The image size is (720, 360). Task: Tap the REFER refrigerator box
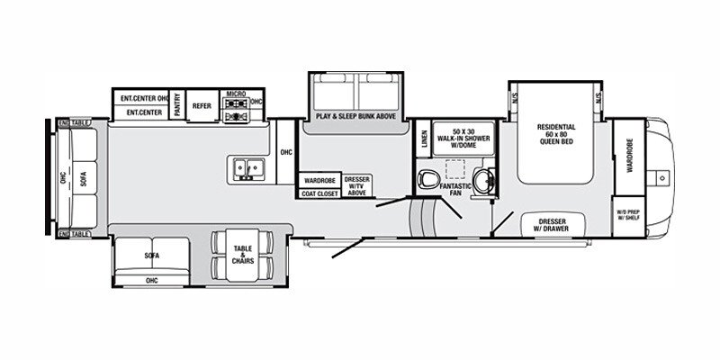click(202, 104)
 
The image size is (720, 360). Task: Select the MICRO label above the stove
click(236, 94)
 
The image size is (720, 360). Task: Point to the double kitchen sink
click(245, 166)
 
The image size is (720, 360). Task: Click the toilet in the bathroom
click(430, 175)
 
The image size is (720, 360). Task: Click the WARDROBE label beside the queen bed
click(630, 155)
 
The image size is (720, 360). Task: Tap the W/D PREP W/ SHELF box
click(627, 214)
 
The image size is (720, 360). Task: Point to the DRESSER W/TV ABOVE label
click(356, 185)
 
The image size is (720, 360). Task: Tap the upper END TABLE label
click(75, 122)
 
